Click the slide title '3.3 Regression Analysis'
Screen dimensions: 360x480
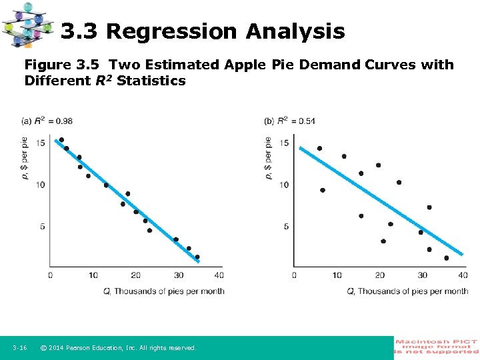(203, 31)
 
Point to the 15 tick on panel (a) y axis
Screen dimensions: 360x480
(41, 143)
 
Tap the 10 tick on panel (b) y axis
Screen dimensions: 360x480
(284, 185)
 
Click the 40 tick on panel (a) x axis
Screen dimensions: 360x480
(219, 275)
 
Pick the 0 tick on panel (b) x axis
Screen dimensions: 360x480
(294, 275)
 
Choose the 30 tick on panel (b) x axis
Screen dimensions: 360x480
(422, 275)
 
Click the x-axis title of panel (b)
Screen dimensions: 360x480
(407, 291)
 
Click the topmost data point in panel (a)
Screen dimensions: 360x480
(61, 140)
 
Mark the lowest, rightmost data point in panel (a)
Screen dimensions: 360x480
(197, 257)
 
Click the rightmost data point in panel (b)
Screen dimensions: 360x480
(446, 258)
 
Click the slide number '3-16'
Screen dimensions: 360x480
(19, 348)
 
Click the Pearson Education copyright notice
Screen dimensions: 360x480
(118, 348)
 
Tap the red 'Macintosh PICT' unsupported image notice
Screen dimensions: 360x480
(437, 347)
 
